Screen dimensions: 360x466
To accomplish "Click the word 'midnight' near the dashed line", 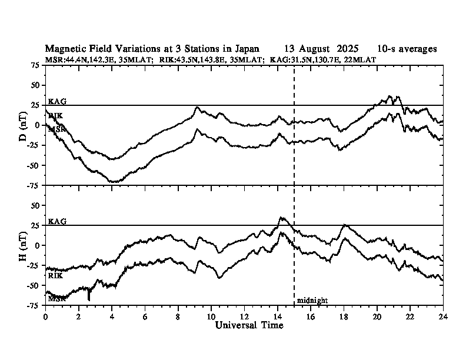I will point(312,301).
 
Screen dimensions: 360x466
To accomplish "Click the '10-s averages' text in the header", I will point(407,49).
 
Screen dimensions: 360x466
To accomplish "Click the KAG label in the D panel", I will point(57,102).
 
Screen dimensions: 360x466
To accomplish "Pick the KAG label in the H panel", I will point(57,222).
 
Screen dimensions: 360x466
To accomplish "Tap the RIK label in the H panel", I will point(55,275).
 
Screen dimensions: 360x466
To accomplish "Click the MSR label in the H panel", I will point(56,299).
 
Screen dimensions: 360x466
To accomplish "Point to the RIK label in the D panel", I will point(55,116).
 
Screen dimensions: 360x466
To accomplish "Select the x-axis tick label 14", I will point(278,316).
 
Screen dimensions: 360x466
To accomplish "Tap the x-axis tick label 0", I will point(46,316).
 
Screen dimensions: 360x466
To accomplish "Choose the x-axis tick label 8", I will point(178,316).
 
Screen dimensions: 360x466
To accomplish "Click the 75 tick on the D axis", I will point(36,65).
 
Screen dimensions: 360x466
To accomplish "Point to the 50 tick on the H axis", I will point(36,205).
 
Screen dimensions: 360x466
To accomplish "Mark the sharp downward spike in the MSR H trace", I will point(89,299).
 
